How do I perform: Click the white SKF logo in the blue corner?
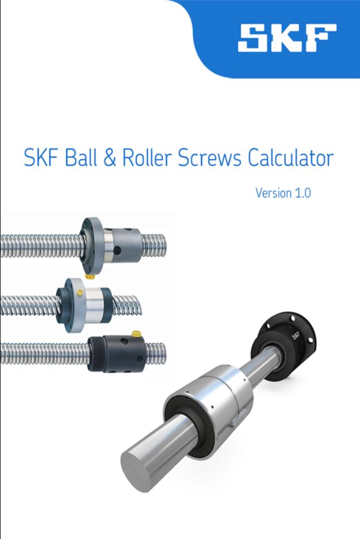pos(286,38)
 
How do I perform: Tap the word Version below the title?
pos(274,193)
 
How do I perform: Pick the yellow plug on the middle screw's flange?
pos(80,292)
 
